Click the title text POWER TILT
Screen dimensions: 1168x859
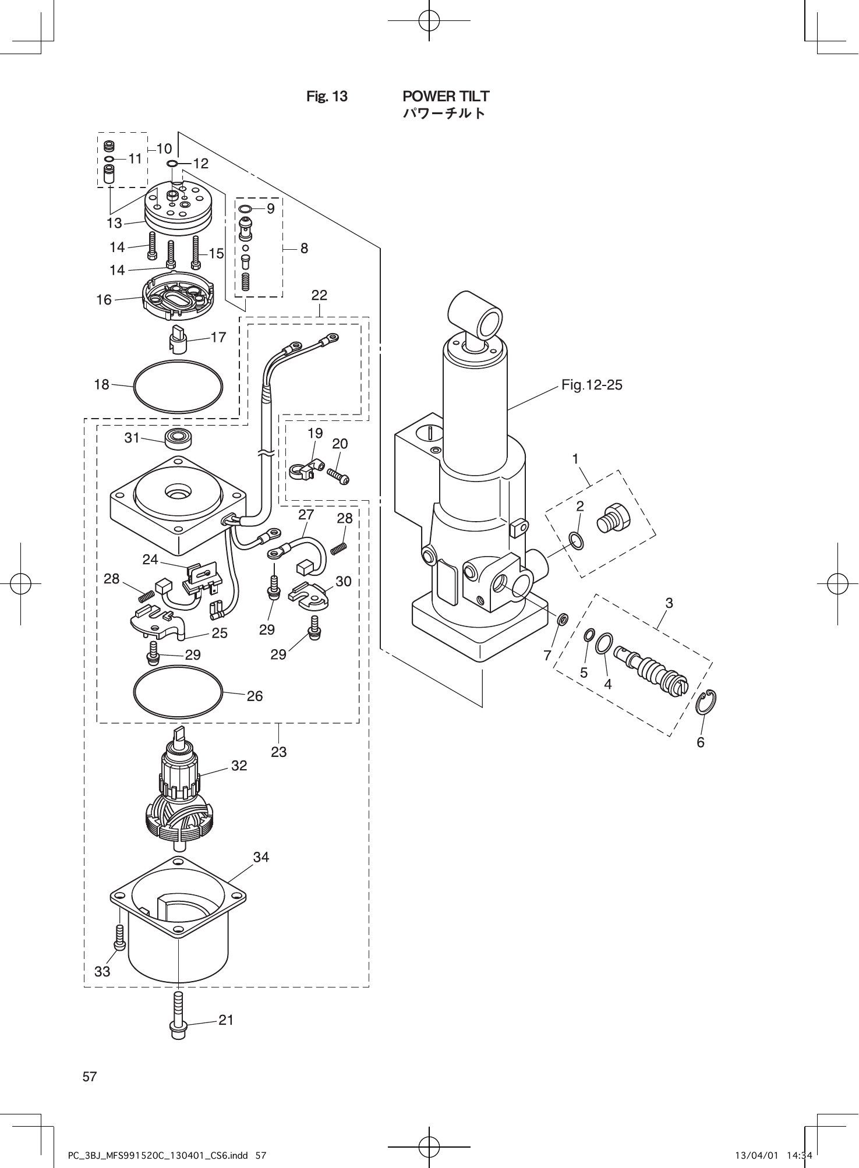pyautogui.click(x=446, y=96)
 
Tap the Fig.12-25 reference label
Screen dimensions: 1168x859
pyautogui.click(x=592, y=385)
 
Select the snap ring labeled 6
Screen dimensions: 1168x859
pyautogui.click(x=706, y=702)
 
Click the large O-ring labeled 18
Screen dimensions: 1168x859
pyautogui.click(x=178, y=385)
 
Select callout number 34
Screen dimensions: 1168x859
pyautogui.click(x=261, y=856)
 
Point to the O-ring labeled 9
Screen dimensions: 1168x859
pyautogui.click(x=245, y=208)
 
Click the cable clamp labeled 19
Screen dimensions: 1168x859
pyautogui.click(x=304, y=469)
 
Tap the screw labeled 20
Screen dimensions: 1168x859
pyautogui.click(x=338, y=476)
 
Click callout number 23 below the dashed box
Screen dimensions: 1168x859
pyautogui.click(x=279, y=752)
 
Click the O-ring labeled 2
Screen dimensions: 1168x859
pyautogui.click(x=577, y=540)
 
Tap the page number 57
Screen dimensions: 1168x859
pyautogui.click(x=90, y=1077)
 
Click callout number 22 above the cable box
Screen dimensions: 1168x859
pyautogui.click(x=319, y=295)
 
